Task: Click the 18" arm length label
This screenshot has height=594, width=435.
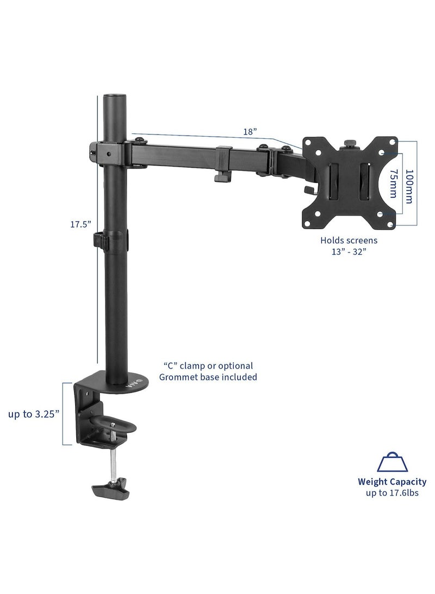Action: [x=250, y=131]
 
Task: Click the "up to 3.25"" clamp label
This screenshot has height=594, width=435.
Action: [x=34, y=413]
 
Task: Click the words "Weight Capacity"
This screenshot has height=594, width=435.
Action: [x=391, y=482]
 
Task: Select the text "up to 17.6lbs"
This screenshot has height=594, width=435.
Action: [x=391, y=493]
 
